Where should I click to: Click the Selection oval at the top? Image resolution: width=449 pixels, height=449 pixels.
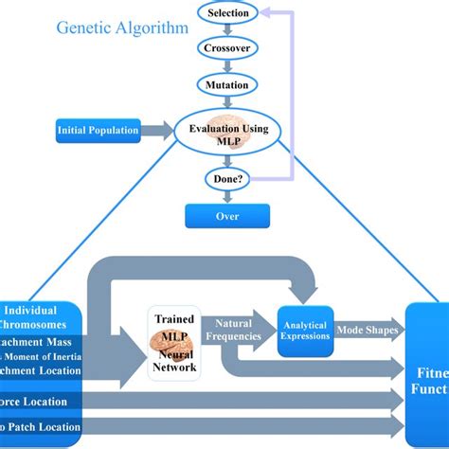click(x=226, y=13)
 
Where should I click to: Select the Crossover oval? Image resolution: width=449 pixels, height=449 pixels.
click(x=226, y=47)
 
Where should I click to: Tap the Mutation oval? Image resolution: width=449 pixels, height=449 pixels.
click(x=226, y=85)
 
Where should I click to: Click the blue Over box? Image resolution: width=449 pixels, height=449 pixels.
click(x=226, y=216)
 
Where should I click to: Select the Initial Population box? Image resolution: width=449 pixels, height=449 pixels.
click(x=97, y=129)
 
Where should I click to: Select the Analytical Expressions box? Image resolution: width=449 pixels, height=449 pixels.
click(x=305, y=330)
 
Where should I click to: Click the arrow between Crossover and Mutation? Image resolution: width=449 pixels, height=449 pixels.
click(x=226, y=66)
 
